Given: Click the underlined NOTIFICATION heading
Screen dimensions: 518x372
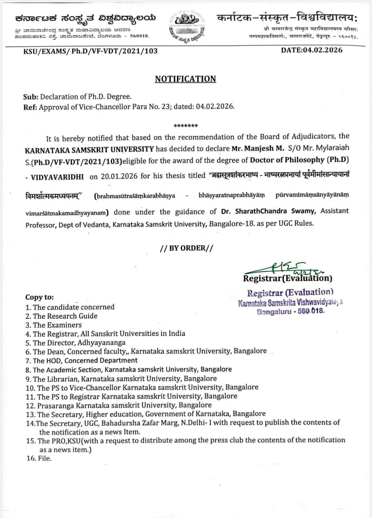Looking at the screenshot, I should pyautogui.click(x=185, y=79).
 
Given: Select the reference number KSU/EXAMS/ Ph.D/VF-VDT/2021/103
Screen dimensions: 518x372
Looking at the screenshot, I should pyautogui.click(x=91, y=51).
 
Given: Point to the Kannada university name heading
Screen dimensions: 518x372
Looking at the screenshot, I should pyautogui.click(x=85, y=18).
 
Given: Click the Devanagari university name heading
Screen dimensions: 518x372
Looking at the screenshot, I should pyautogui.click(x=287, y=18).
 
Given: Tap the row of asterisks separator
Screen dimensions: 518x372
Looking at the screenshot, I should pyautogui.click(x=185, y=126).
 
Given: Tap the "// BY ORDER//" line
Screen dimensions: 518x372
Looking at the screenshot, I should pyautogui.click(x=186, y=248).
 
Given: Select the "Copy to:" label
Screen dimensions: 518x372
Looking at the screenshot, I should pyautogui.click(x=39, y=297).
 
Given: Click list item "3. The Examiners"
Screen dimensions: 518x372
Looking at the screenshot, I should pyautogui.click(x=53, y=325).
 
